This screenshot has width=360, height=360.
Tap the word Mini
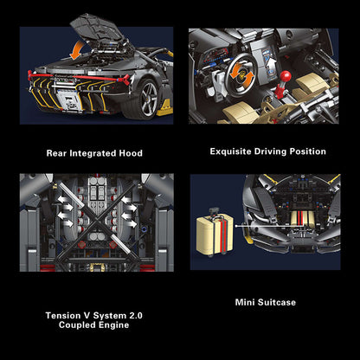[247, 303]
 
